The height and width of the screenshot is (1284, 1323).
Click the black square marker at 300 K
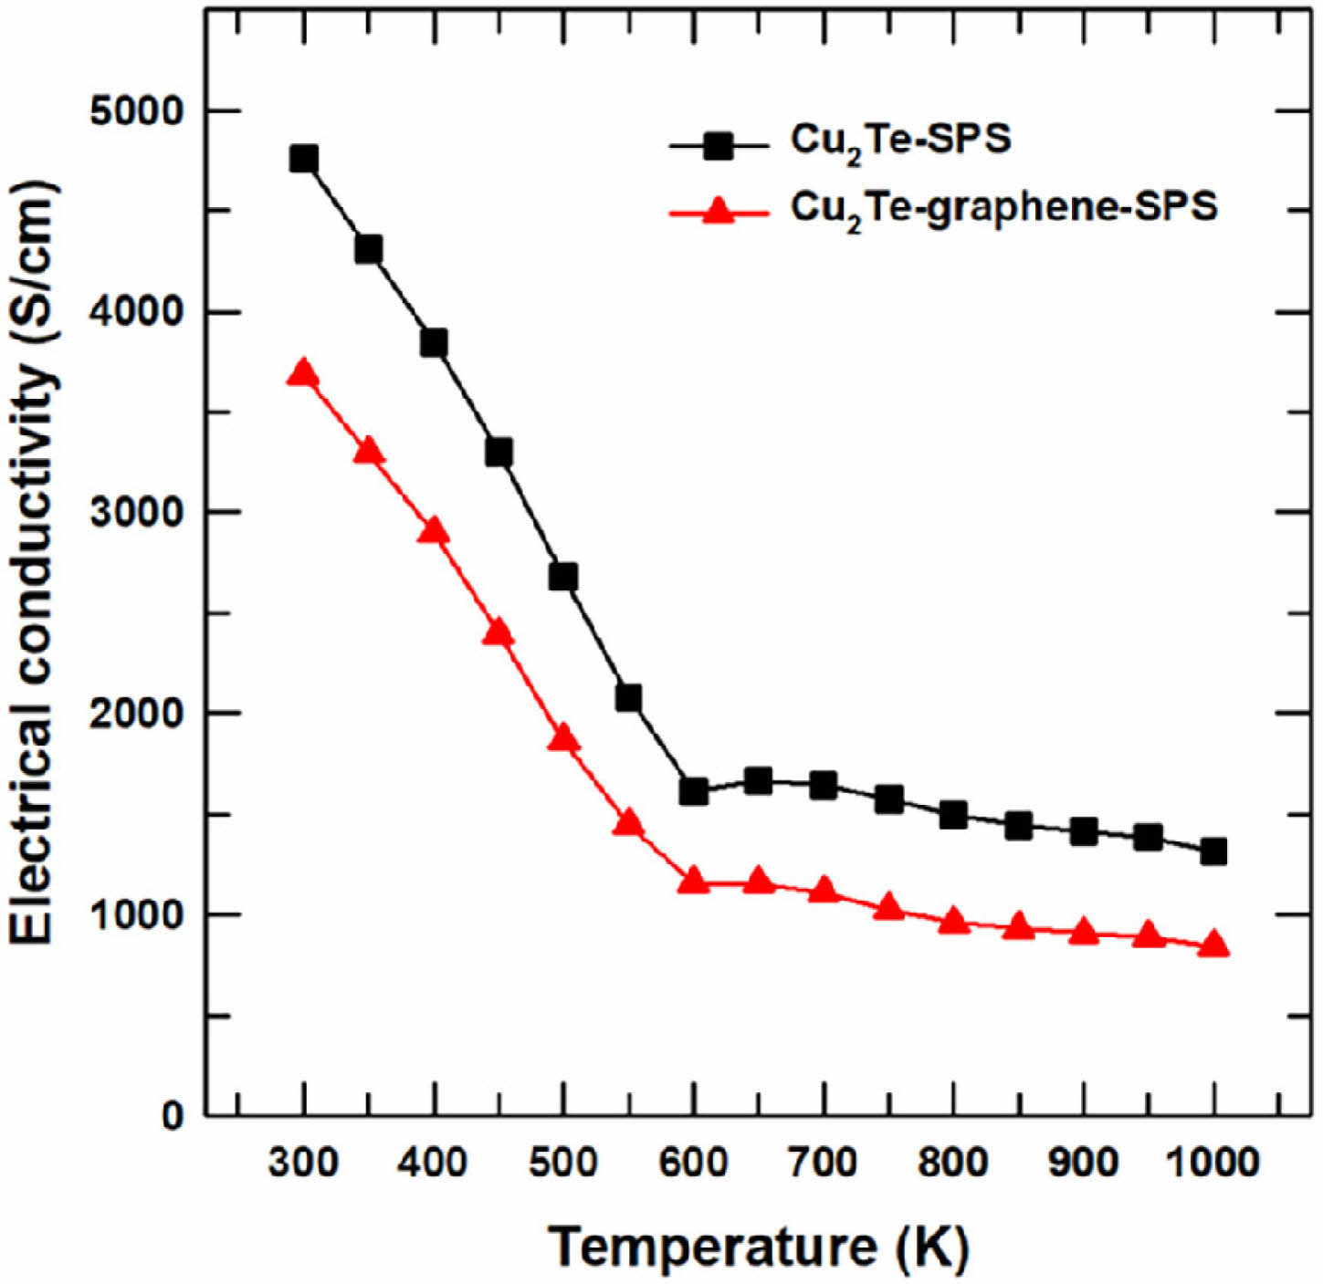pos(303,159)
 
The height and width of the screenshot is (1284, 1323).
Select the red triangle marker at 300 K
pos(303,374)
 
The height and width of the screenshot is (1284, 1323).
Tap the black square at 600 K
pos(694,791)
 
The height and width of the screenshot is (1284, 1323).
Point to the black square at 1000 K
pos(1213,851)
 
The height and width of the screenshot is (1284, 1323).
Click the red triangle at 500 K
pos(563,738)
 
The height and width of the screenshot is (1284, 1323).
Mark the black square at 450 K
pos(499,452)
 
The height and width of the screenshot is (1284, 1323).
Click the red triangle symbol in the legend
pos(719,214)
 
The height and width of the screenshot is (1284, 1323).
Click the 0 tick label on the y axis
pos(173,1115)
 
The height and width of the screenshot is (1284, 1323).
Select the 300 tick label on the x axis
pos(303,1163)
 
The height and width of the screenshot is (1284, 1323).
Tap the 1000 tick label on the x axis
pos(1213,1163)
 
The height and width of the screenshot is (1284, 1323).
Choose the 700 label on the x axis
pos(824,1163)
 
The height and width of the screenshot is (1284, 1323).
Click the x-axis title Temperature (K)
pos(757,1247)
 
